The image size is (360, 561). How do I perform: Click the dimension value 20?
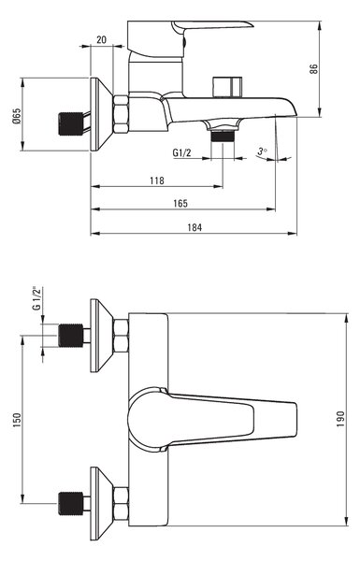tap(101, 39)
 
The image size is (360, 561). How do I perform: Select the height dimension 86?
tap(313, 69)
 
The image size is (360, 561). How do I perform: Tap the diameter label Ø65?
tap(17, 116)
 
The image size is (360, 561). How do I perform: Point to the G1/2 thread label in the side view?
tap(181, 152)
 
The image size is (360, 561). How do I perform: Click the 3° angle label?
tap(263, 151)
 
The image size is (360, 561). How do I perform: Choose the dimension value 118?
tap(157, 180)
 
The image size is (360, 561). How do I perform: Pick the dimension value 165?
tap(180, 203)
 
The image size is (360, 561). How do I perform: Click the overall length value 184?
tap(194, 227)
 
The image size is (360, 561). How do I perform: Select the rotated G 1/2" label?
tap(37, 298)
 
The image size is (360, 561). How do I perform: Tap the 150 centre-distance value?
tap(17, 420)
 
